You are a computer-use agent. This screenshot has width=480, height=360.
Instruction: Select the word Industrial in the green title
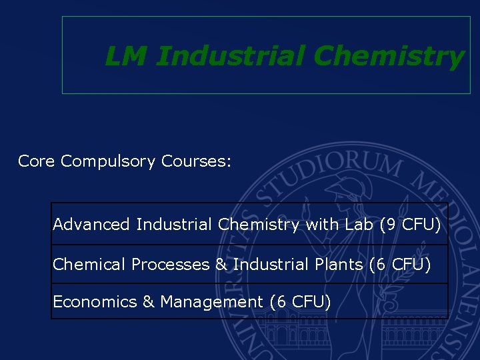(231, 57)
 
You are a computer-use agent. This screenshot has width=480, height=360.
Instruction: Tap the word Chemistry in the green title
(388, 57)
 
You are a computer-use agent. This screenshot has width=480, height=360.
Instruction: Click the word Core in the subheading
(37, 161)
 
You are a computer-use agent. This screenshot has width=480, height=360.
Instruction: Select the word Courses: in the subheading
(196, 161)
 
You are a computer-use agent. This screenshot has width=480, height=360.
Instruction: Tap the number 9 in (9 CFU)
(391, 225)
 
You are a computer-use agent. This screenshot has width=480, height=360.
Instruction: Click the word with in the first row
(321, 225)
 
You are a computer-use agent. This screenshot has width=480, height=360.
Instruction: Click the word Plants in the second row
(339, 265)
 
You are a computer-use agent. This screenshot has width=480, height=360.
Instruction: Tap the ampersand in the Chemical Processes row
(221, 265)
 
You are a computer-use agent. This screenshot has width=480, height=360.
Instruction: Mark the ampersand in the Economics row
(148, 302)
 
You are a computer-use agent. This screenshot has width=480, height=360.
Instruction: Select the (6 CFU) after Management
(301, 302)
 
